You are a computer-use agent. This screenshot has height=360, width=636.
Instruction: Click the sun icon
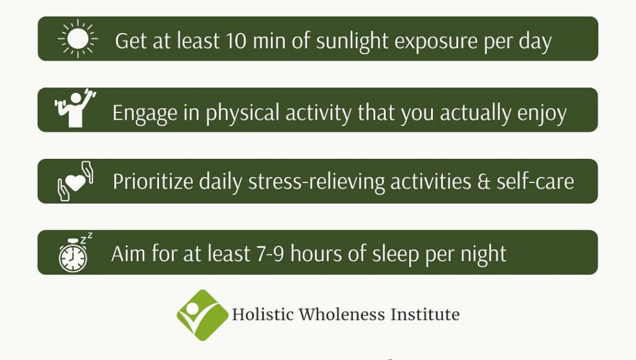78,38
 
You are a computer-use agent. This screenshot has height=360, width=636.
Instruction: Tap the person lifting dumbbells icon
75,108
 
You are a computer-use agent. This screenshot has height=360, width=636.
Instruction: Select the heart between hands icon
75,181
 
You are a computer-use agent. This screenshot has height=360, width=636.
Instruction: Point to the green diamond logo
202,315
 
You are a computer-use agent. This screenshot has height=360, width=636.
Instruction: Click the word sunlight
352,42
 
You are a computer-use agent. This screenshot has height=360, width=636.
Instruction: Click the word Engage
145,114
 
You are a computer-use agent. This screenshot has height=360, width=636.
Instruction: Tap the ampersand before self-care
483,182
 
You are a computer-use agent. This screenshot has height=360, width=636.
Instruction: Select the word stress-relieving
316,182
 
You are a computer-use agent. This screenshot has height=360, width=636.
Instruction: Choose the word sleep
396,255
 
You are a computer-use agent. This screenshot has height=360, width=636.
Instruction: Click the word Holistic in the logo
263,315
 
